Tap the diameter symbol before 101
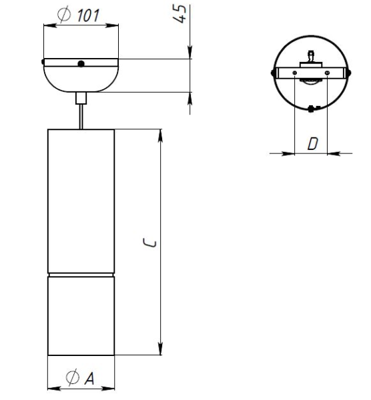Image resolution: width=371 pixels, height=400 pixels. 66,17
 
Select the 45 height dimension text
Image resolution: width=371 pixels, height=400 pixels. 179,13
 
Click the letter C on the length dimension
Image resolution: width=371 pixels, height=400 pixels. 151,243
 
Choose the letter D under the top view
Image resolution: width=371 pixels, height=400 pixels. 311,142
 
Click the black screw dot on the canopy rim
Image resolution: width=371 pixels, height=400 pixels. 80,64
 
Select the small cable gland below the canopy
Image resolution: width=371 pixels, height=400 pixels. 81,97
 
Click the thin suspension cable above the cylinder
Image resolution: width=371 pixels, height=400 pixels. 81,116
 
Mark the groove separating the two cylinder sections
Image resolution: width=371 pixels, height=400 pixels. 81,275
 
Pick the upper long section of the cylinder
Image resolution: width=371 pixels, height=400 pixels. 81,200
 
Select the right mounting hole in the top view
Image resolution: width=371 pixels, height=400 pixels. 327,73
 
